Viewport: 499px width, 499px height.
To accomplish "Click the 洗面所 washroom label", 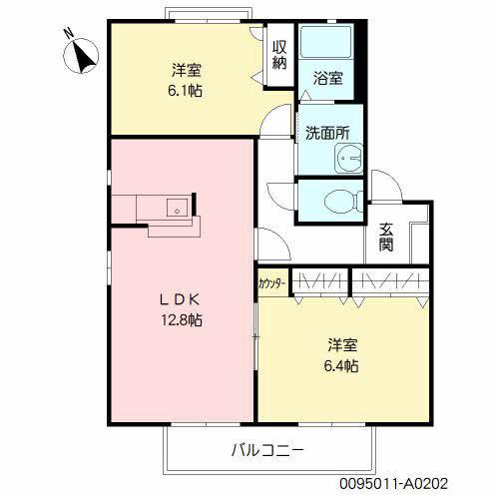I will point(327,131).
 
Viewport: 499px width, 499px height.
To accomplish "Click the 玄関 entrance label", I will point(385,238).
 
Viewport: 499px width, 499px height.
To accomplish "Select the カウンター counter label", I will point(272,283).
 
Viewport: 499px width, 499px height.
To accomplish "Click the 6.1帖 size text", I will point(187,90).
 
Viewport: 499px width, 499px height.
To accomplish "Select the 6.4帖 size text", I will point(342,366).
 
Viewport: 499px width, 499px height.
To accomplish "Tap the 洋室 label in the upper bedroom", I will point(187,69).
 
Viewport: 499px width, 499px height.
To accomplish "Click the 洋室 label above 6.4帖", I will point(342,345).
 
